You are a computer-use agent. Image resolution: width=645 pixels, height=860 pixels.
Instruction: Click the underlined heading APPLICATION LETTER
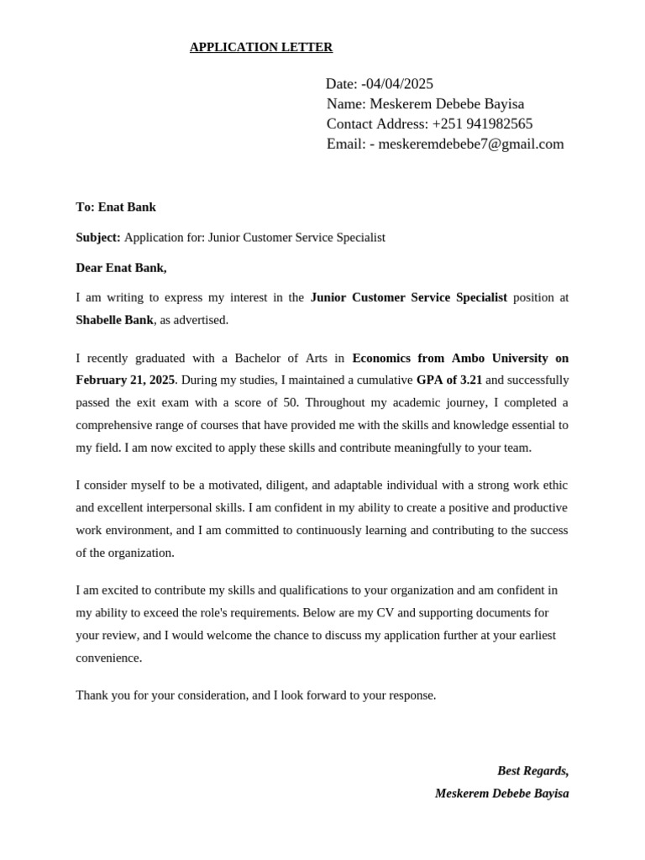coord(261,47)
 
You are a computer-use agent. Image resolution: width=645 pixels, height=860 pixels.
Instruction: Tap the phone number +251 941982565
coord(482,124)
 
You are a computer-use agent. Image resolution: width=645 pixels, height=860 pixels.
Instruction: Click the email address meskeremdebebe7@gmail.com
coord(471,144)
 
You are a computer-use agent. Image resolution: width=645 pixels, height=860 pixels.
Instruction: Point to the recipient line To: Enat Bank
coord(116,207)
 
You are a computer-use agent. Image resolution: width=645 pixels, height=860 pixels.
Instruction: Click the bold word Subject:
coord(98,238)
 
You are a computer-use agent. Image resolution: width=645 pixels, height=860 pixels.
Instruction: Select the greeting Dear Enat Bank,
coord(121,268)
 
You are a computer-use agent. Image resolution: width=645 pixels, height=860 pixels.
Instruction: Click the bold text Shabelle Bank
coord(114,320)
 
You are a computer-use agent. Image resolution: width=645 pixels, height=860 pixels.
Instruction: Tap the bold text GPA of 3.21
coord(449,380)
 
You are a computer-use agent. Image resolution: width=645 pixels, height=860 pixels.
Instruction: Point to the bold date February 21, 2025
coord(125,380)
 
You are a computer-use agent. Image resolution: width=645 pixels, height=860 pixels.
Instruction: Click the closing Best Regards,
coord(532,771)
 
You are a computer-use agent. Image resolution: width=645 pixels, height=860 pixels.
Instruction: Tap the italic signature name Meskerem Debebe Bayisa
coord(501,794)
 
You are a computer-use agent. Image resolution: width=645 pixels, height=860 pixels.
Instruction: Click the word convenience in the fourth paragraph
coord(108,658)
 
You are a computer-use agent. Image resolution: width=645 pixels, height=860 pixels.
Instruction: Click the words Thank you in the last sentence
coord(99,695)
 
